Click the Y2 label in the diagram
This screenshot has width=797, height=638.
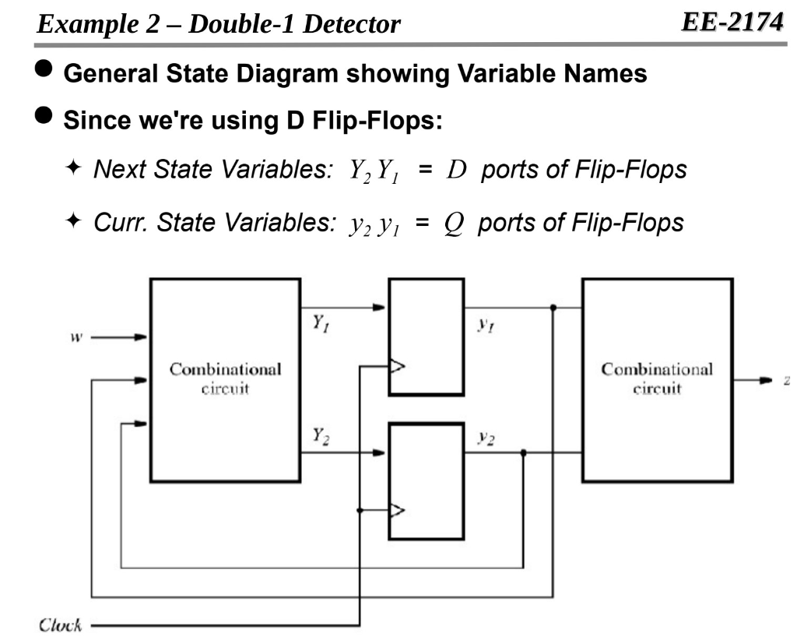[x=319, y=438]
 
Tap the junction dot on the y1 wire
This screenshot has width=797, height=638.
[x=553, y=308]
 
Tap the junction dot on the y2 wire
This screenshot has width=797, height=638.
[x=523, y=452]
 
